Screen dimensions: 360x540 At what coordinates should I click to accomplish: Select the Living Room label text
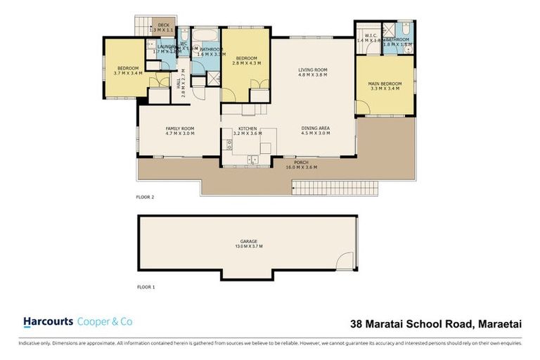pos(313,70)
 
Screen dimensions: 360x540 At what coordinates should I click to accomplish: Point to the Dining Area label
pos(316,128)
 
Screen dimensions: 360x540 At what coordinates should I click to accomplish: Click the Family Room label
pos(179,128)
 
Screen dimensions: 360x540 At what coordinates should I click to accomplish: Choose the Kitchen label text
pos(247,128)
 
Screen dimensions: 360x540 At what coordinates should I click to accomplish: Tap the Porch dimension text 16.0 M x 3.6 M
pos(301,167)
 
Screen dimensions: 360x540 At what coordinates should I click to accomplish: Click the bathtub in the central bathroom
pos(206,34)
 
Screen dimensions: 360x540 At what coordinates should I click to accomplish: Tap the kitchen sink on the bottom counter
pos(253,160)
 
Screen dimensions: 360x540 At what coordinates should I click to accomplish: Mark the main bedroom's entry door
pos(362,107)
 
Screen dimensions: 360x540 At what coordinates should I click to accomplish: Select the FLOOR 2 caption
pos(145,198)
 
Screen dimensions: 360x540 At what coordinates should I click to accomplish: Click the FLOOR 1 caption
pos(145,288)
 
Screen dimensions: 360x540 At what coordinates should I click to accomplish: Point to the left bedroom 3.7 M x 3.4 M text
pos(129,72)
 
